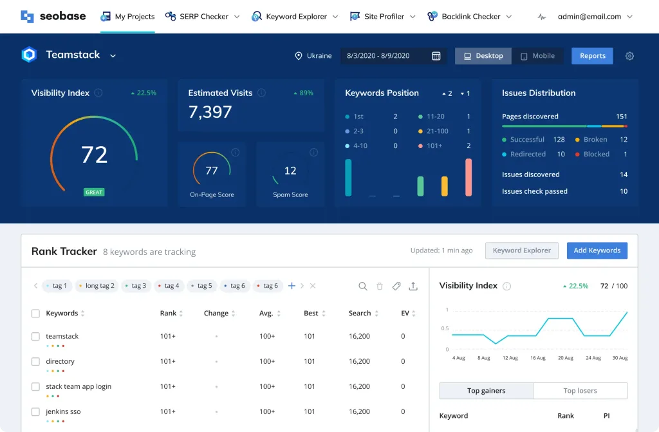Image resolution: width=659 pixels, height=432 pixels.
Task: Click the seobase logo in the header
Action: point(53,16)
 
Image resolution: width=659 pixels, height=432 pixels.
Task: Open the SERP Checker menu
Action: point(203,17)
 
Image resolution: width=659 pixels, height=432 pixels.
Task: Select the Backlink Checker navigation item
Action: point(470,17)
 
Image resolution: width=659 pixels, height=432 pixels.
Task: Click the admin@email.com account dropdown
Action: point(595,17)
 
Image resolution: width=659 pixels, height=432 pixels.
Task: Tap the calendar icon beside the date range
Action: point(436,56)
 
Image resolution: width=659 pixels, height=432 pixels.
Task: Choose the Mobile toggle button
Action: point(537,56)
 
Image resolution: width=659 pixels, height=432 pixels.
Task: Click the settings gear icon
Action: point(629,56)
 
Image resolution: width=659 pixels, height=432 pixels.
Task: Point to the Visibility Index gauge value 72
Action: point(94,155)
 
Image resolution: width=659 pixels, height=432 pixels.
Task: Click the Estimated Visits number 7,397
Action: point(210,112)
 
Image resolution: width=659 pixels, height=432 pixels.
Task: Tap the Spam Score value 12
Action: point(290,171)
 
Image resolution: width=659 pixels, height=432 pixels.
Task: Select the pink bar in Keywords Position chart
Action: point(469,177)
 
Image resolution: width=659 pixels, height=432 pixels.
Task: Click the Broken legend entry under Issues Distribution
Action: point(595,140)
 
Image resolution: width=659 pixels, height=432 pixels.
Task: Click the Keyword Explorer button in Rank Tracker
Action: point(522,250)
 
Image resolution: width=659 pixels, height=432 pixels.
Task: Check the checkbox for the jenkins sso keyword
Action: point(35,411)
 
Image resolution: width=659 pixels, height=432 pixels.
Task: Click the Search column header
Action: point(360,314)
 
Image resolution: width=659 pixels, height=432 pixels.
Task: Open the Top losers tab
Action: point(580,391)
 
